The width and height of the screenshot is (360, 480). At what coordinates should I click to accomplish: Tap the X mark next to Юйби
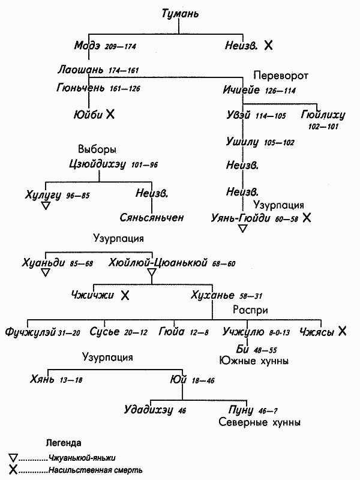tap(110, 114)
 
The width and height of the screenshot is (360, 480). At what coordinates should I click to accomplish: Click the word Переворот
tap(280, 76)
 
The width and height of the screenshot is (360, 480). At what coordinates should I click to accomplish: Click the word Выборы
tap(97, 149)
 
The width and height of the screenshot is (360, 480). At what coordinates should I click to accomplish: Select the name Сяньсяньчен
tap(151, 217)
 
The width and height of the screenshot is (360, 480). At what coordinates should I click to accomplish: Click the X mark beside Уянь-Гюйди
tap(307, 218)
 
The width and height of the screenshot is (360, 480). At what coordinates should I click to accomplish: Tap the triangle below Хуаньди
tap(45, 273)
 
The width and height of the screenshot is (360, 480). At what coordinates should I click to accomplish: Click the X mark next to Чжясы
tap(342, 331)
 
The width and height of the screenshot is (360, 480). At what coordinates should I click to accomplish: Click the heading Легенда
tap(64, 443)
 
